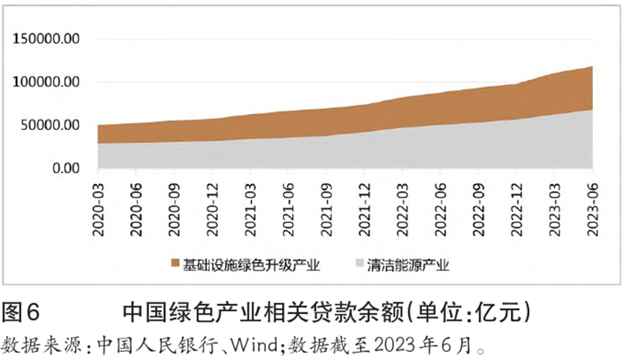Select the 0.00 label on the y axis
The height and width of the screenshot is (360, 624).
(x=64, y=168)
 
